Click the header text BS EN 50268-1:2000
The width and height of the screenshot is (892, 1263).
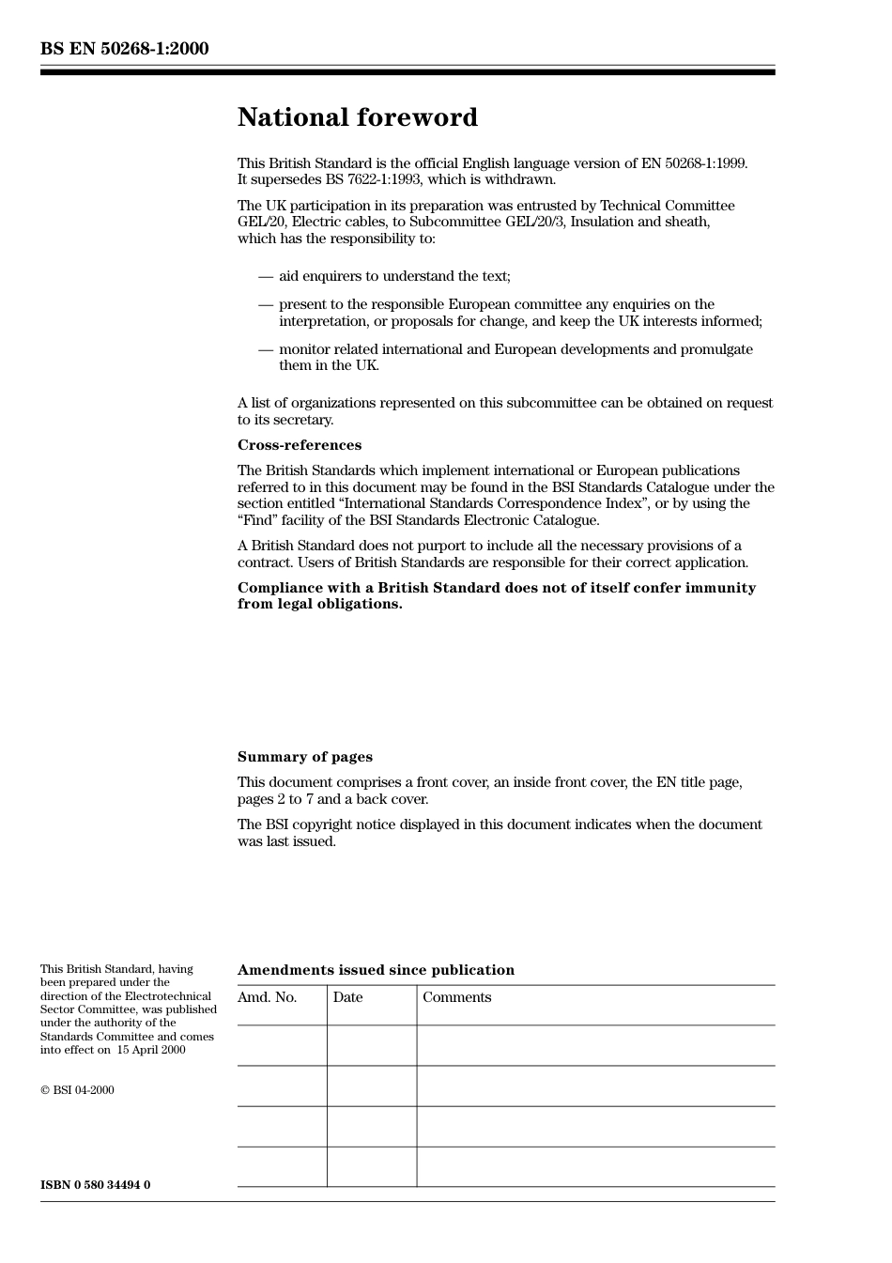click(124, 49)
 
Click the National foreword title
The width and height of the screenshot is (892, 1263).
click(357, 117)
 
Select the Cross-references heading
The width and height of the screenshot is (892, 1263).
click(299, 445)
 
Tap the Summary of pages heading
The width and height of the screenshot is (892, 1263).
click(304, 757)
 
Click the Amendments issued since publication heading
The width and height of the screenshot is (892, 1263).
click(376, 970)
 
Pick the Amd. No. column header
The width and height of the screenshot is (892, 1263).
click(267, 997)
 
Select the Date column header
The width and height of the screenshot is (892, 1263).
click(347, 997)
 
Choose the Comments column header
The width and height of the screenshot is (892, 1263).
click(456, 997)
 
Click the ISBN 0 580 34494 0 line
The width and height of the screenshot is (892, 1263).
click(95, 1185)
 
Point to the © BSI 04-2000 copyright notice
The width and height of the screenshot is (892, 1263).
click(77, 1090)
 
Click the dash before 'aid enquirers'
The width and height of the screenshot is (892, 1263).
click(266, 276)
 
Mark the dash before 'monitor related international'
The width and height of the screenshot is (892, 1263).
click(266, 349)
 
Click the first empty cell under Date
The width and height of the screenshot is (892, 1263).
click(372, 1045)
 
